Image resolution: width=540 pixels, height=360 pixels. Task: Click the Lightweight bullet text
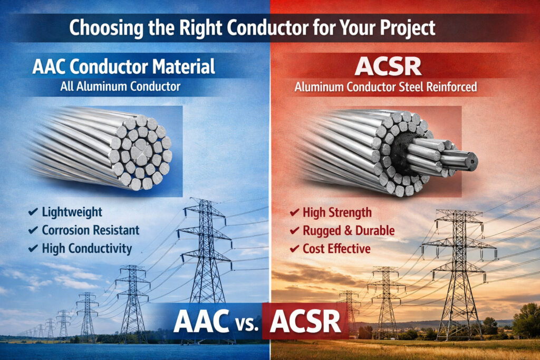pos(72,213)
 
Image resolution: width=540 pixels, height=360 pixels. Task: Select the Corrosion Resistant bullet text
pos(91,230)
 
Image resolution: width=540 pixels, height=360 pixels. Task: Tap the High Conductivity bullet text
pos(87,248)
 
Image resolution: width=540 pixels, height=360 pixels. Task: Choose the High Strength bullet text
pos(337,213)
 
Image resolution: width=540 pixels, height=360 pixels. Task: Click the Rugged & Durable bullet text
pos(349,230)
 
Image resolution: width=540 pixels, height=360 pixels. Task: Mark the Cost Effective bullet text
pos(336,248)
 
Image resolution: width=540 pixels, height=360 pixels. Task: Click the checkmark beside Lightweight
pos(33,213)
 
